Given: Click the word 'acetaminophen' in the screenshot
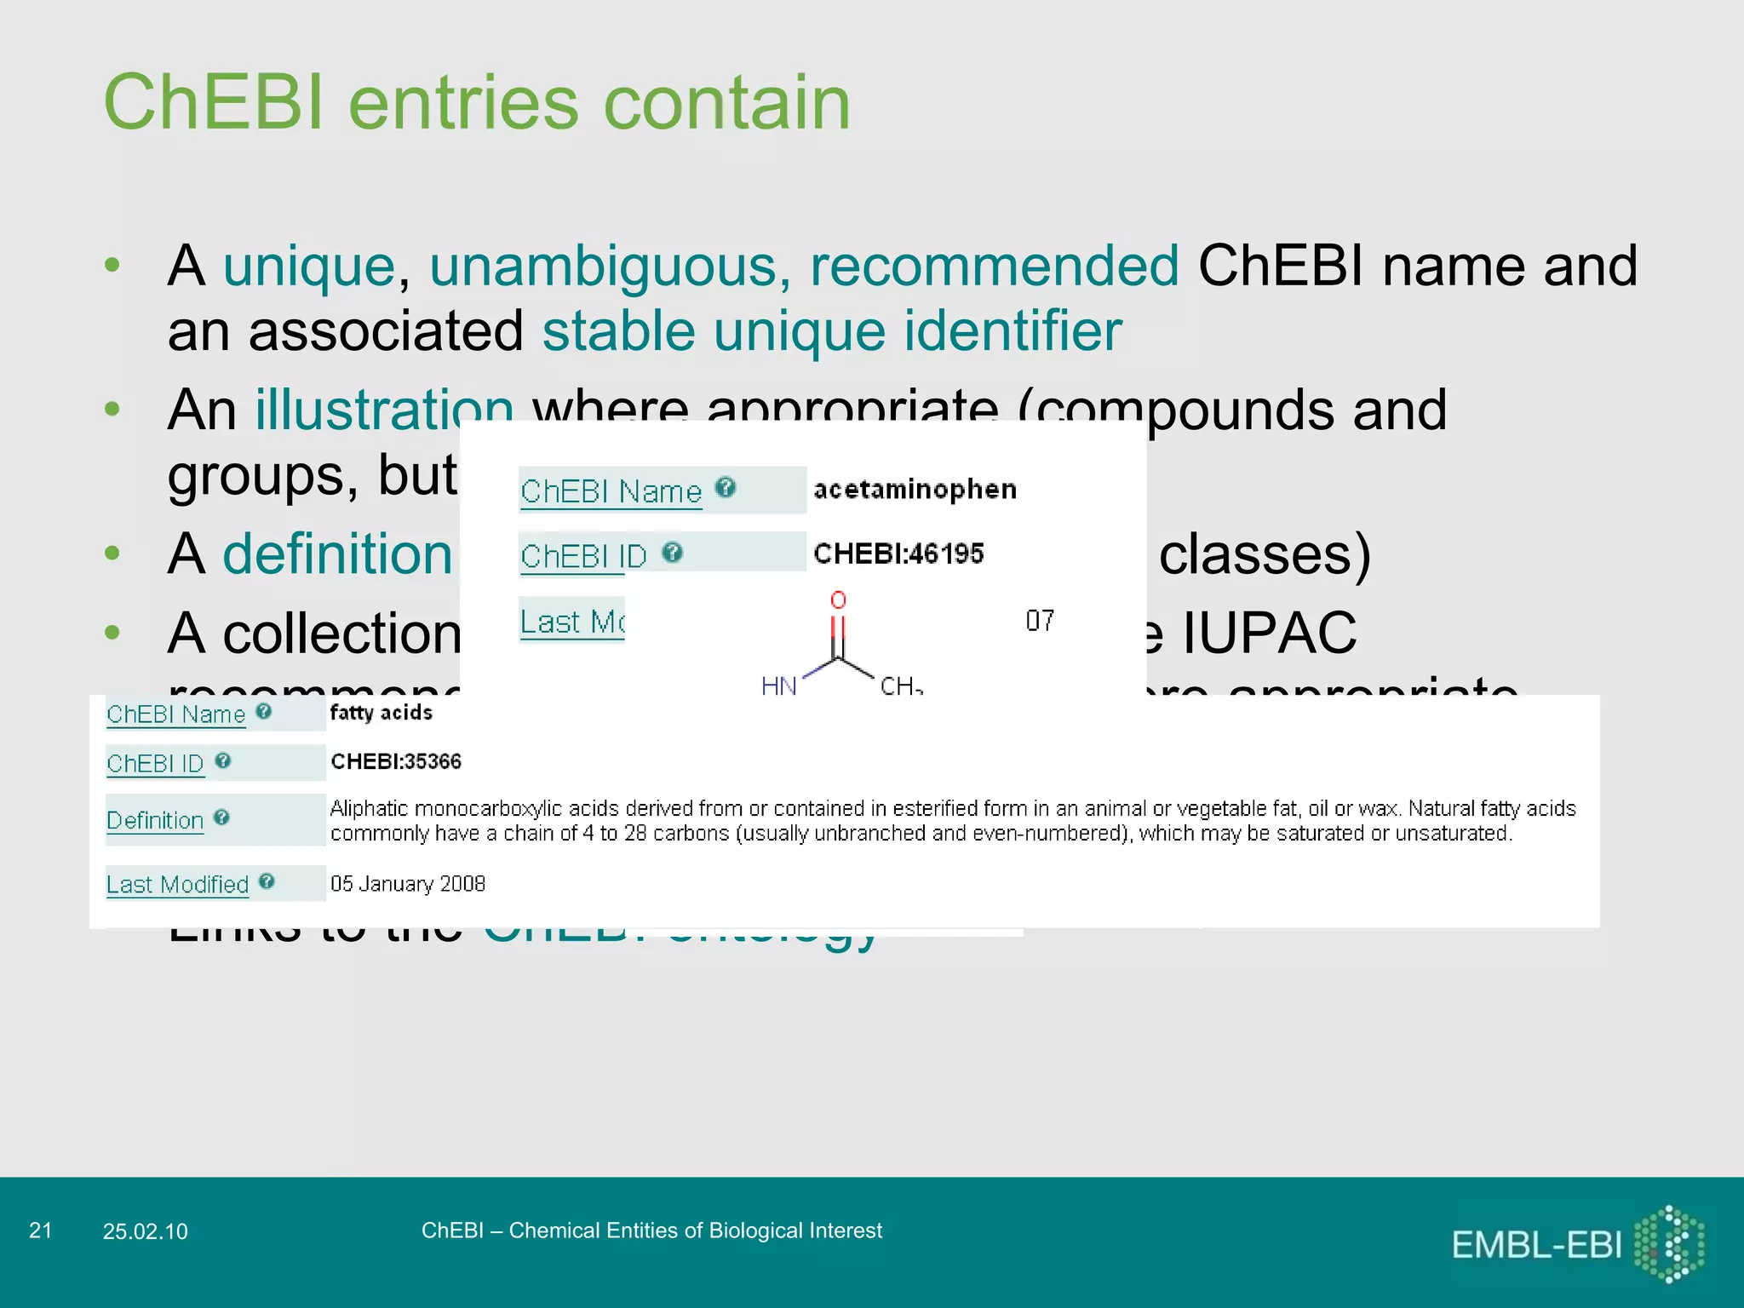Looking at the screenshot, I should click(x=915, y=490).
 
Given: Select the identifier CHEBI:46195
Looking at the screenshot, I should click(x=898, y=554).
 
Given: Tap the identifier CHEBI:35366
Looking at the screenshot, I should click(x=396, y=761).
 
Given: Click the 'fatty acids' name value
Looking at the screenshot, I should click(x=381, y=713).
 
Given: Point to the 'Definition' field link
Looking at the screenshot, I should click(x=155, y=820).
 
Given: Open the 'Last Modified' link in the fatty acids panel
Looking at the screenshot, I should click(x=177, y=884).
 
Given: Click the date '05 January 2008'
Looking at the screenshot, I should click(x=408, y=884).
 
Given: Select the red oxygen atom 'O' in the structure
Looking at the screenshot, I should click(x=838, y=600).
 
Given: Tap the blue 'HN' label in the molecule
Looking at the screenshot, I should click(x=778, y=686).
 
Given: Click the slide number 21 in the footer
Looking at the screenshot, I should click(x=40, y=1231).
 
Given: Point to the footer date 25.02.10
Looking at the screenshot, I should click(x=145, y=1231).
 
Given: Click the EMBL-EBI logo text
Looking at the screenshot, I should click(x=1536, y=1245).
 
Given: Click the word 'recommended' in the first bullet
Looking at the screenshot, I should click(x=994, y=266).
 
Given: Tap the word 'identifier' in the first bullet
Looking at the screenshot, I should click(x=1013, y=330).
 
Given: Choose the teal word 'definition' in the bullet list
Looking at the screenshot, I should click(x=337, y=554).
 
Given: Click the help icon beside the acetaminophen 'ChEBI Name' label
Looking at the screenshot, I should click(x=726, y=487).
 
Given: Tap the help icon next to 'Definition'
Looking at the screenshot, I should click(x=221, y=817).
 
